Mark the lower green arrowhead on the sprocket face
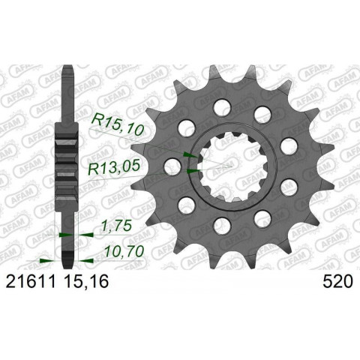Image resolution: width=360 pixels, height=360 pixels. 190,172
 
